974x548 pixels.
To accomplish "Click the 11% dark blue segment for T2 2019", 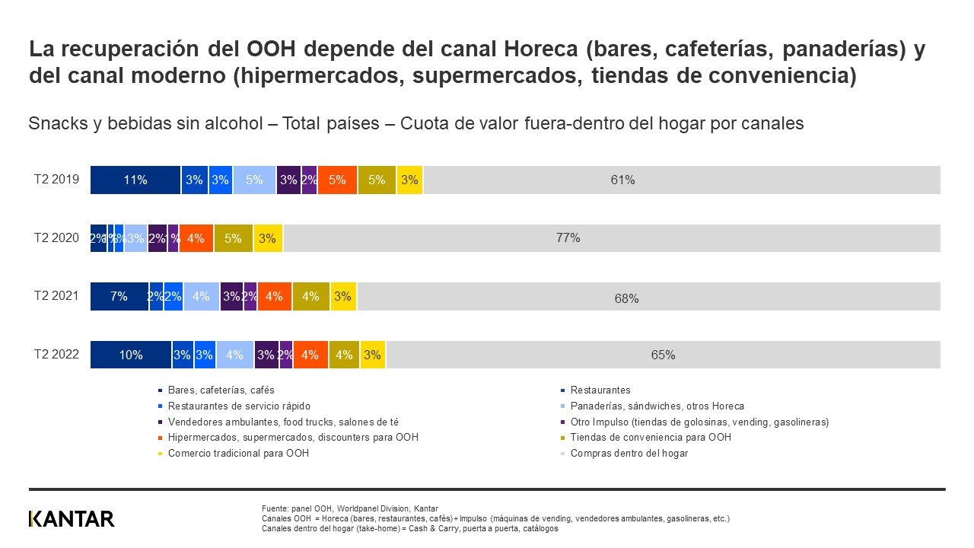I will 135,180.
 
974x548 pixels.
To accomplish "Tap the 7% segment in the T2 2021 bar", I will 119,297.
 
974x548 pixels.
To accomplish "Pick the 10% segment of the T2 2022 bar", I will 131,355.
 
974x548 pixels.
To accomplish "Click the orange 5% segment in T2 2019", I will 337,180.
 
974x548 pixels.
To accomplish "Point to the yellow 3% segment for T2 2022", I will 373,355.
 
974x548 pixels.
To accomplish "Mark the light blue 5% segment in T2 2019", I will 254,180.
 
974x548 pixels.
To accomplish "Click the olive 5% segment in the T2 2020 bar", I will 233,238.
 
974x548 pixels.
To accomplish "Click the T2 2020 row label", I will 56,238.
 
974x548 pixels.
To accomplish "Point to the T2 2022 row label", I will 56,355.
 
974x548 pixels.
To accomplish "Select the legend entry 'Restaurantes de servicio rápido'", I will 239,406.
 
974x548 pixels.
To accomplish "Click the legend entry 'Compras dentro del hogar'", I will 629,454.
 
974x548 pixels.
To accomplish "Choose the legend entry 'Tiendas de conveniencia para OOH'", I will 650,438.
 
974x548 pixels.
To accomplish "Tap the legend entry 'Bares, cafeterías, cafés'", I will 221,390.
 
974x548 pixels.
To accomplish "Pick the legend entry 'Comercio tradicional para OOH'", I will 238,454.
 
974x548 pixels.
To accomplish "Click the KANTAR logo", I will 72,519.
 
